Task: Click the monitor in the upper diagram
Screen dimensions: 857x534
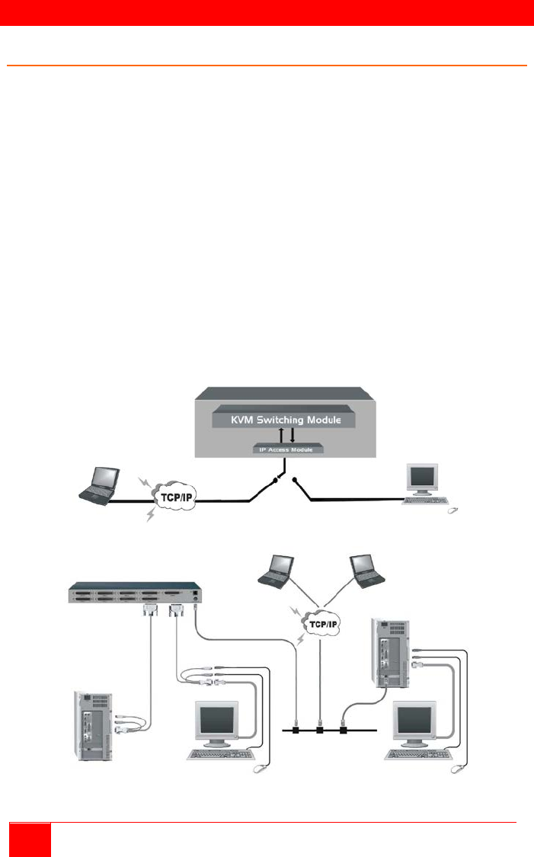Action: [424, 478]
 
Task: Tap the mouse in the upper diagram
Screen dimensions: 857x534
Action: [454, 509]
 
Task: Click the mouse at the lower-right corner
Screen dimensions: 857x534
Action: [459, 772]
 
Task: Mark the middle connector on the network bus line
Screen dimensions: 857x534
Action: [320, 730]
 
